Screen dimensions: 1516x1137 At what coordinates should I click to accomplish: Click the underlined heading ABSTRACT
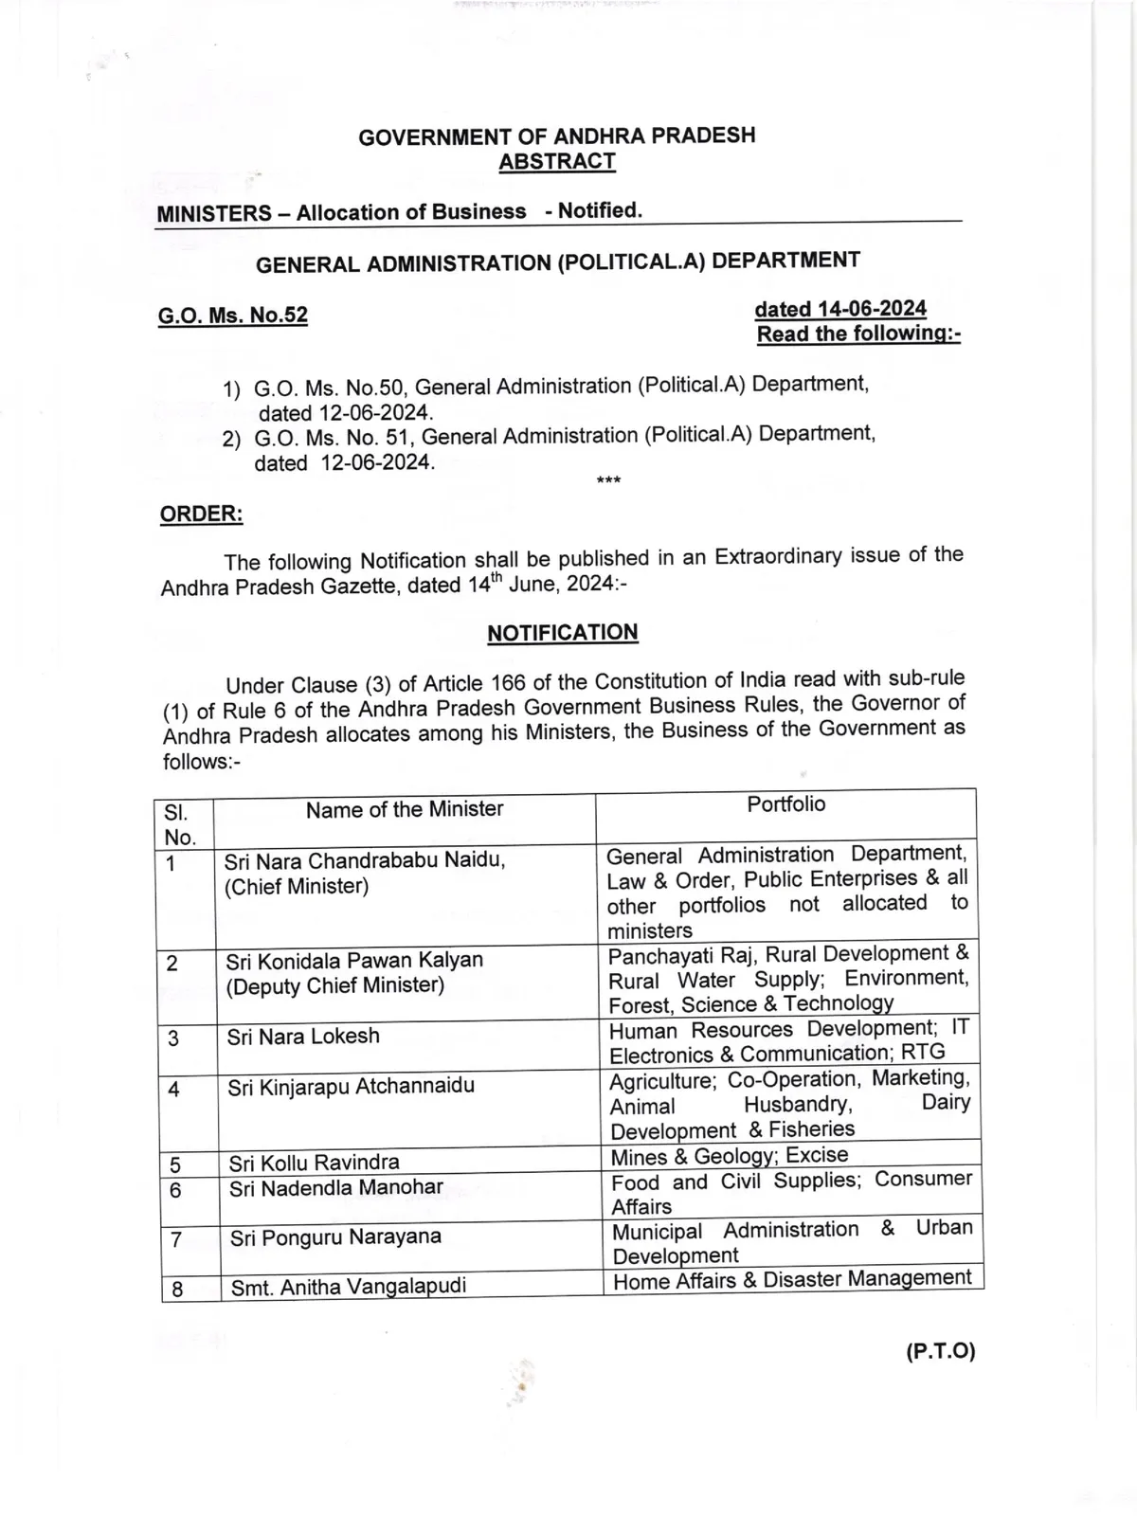[557, 161]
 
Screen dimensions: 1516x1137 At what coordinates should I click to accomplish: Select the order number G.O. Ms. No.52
[233, 315]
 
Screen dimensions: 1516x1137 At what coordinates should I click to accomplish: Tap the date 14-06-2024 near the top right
[840, 309]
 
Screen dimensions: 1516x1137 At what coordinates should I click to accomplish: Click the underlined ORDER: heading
[201, 514]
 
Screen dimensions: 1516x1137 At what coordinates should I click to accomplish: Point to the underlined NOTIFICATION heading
[563, 632]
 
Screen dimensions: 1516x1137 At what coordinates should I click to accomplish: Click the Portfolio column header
[785, 804]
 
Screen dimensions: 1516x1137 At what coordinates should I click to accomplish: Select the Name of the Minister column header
[404, 809]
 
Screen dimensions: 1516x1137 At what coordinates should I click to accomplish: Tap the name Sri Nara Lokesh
[303, 1036]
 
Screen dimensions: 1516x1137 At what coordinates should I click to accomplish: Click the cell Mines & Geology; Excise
[729, 1155]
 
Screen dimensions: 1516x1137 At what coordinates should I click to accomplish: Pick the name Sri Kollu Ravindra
[314, 1162]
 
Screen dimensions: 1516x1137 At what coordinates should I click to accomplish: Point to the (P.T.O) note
[940, 1351]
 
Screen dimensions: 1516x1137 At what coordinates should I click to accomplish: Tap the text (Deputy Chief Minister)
[334, 985]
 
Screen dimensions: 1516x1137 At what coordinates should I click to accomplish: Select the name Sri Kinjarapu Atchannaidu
[351, 1086]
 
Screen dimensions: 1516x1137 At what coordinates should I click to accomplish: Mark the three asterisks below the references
[608, 481]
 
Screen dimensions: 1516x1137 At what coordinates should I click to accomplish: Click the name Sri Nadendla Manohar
[335, 1187]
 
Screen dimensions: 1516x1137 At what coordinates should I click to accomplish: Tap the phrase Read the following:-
[858, 334]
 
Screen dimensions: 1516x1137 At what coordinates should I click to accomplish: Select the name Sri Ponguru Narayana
[335, 1236]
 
